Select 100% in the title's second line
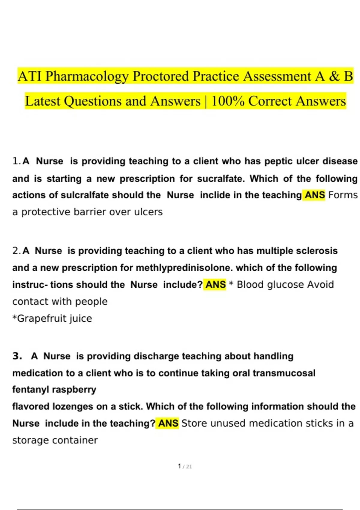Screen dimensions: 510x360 [x=228, y=101]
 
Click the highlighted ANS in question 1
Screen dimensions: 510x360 [x=315, y=195]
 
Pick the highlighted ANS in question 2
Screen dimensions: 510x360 [x=215, y=284]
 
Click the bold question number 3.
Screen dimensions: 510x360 [x=17, y=356]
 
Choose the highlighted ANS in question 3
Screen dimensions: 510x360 [x=168, y=423]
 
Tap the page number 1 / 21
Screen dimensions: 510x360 [x=185, y=466]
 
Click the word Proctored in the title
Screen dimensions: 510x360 [x=160, y=76]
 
